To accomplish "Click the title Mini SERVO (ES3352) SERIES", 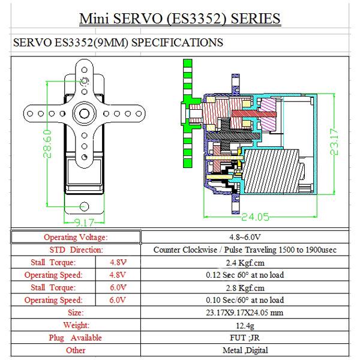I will tap(180, 19).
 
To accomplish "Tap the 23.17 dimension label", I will tap(337, 142).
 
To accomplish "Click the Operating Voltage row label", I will tap(76, 237).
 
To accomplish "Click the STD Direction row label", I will tap(76, 250).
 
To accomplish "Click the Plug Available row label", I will tap(76, 338).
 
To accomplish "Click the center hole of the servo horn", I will tap(84, 112).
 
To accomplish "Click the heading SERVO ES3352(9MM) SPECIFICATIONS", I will tap(118, 43).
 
